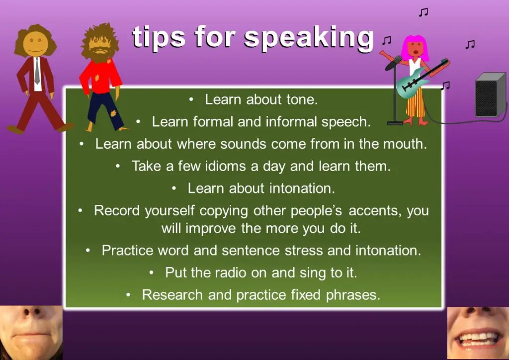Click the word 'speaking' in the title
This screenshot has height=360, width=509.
pos(309,38)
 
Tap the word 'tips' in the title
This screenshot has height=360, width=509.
pos(159,37)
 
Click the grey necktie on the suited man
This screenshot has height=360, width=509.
pos(37,71)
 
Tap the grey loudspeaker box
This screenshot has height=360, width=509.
pos(491,94)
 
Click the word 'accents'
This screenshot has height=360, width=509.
pos(373,211)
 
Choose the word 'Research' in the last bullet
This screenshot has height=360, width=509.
pos(172,295)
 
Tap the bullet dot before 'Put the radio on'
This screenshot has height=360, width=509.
pos(151,272)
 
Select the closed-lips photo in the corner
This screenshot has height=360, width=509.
pos(31,333)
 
